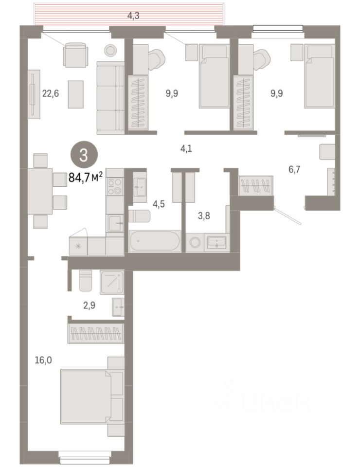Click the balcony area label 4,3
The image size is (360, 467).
133,16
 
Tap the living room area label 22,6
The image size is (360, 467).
51,93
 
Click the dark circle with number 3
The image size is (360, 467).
84,156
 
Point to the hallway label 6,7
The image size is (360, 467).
294,169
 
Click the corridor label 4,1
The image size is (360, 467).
186,148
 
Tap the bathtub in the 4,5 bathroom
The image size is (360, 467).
155,241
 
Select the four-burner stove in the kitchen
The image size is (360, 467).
115,186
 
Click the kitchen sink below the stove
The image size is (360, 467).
115,223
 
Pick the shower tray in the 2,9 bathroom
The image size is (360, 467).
112,282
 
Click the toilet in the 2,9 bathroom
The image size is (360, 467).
86,281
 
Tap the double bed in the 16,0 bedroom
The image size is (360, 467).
92,396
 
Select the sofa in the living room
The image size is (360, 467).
110,98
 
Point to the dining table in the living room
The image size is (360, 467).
40,191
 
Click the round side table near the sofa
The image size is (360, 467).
110,50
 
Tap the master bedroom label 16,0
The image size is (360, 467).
43,360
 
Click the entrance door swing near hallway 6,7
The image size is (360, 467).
288,215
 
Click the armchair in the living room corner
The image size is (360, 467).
75,55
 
